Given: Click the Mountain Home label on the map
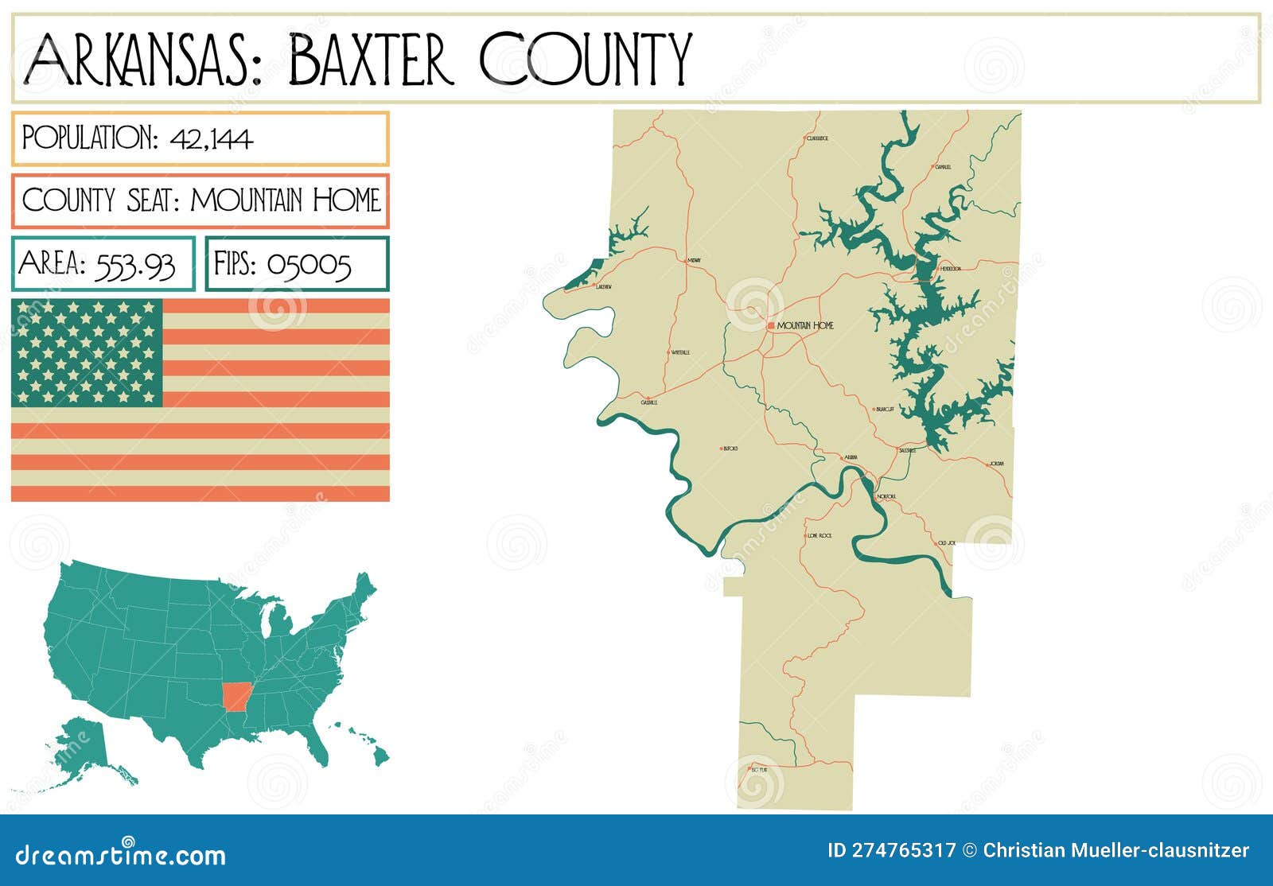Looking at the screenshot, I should tap(805, 326).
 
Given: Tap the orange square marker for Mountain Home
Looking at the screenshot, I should tap(771, 326).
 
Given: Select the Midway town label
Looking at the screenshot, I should tap(695, 260).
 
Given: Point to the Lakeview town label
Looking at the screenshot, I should tap(604, 286).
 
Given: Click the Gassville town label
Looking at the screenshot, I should tap(649, 402).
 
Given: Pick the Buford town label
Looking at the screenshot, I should tap(730, 449).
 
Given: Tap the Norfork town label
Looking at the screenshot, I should tap(886, 497).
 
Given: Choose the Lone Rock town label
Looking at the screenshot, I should tap(819, 536).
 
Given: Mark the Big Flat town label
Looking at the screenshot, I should tap(759, 770).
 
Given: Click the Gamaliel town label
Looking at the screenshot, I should tap(944, 167).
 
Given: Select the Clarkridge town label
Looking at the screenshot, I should tap(817, 138).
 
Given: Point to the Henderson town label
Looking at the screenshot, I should tap(951, 269).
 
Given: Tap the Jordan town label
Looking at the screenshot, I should tap(997, 463).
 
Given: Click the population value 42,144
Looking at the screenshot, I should tap(211, 139).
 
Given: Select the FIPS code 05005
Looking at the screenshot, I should tap(309, 264).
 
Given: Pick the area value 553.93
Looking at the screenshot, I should tap(134, 264).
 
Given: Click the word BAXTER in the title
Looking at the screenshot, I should tap(371, 59).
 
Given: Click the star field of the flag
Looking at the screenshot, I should tap(87, 352).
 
